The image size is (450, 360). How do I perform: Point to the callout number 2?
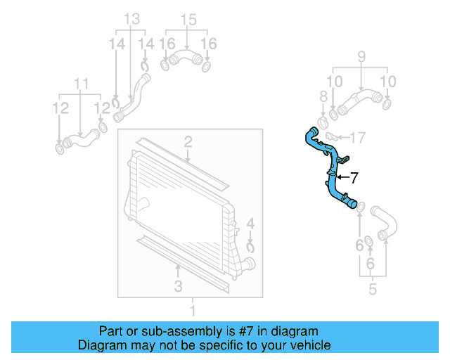coord(188,143)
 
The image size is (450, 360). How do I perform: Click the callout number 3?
coord(178,285)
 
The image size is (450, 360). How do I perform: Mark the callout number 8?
coord(323,96)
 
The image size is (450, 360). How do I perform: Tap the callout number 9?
coord(362,56)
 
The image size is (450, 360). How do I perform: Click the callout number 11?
coord(82,84)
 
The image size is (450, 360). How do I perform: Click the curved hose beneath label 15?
coord(186,58)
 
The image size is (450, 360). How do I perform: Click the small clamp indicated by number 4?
coord(251,246)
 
